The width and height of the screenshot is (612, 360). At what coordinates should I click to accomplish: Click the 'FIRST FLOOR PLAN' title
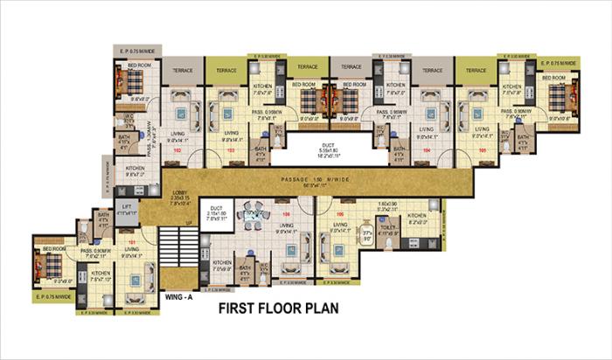277,308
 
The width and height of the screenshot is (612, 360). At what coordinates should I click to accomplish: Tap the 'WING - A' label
181,297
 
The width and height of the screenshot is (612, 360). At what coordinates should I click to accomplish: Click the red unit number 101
133,242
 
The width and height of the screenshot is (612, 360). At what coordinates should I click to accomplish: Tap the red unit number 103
232,150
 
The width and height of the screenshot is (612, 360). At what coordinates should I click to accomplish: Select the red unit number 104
427,150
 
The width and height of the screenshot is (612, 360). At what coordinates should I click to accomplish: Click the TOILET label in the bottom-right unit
389,228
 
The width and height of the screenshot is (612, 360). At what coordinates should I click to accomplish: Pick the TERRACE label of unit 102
182,69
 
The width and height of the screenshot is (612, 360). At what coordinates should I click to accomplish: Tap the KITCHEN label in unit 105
512,87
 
